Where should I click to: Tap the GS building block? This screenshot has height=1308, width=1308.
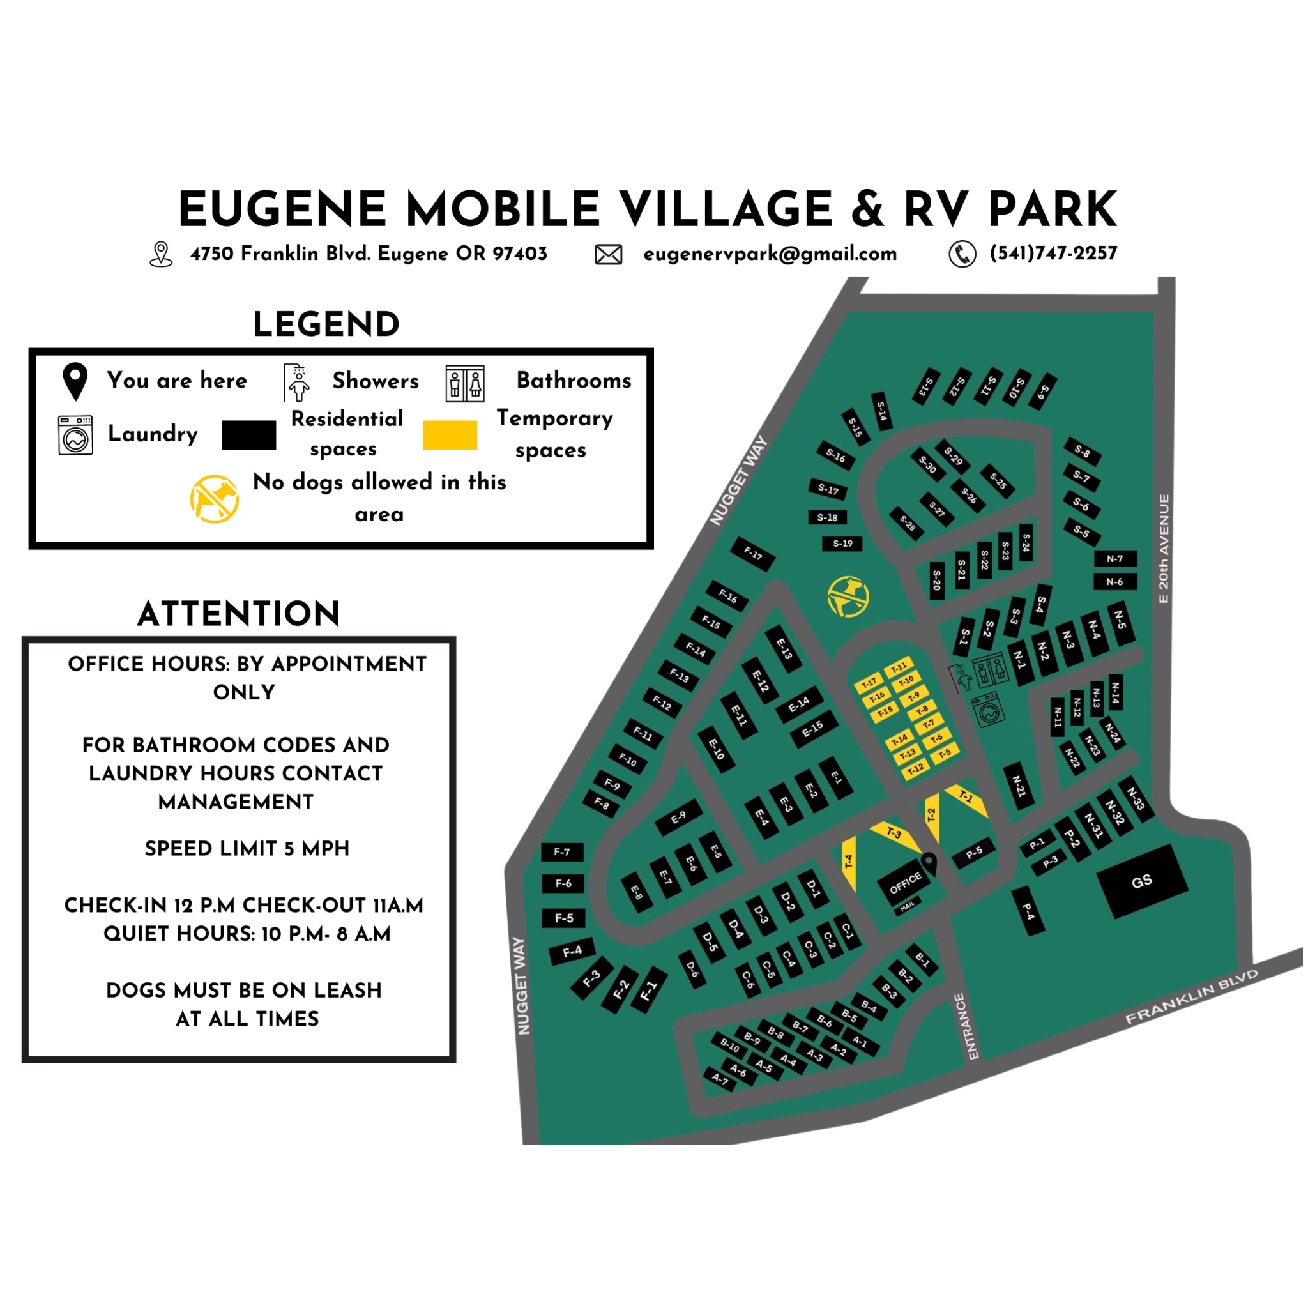pyautogui.click(x=1141, y=881)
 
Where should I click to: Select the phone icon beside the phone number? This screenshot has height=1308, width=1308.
pyautogui.click(x=962, y=255)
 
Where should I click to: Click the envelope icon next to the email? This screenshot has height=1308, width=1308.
pyautogui.click(x=608, y=255)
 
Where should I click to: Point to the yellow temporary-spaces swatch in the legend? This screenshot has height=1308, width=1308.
pyautogui.click(x=450, y=435)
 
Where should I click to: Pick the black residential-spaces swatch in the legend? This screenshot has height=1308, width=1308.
pyautogui.click(x=248, y=435)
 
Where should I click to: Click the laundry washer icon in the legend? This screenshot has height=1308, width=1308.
pyautogui.click(x=75, y=435)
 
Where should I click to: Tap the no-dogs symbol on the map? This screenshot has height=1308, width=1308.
pyautogui.click(x=848, y=597)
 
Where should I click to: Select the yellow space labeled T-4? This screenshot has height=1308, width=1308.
pyautogui.click(x=849, y=862)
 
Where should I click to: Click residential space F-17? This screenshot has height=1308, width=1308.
pyautogui.click(x=753, y=554)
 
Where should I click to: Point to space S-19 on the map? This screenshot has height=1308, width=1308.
pyautogui.click(x=842, y=544)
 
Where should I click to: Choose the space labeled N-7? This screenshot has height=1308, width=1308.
pyautogui.click(x=1114, y=559)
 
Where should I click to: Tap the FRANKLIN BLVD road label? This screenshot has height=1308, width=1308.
pyautogui.click(x=1192, y=996)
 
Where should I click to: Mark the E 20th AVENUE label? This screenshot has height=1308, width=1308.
pyautogui.click(x=1164, y=549)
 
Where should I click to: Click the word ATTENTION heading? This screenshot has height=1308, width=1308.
pyautogui.click(x=238, y=614)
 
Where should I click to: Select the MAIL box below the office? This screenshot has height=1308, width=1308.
pyautogui.click(x=907, y=906)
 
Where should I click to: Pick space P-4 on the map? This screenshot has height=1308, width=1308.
pyautogui.click(x=1028, y=912)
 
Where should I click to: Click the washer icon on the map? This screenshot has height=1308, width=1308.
pyautogui.click(x=989, y=710)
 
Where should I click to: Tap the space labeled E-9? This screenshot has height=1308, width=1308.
pyautogui.click(x=678, y=818)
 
